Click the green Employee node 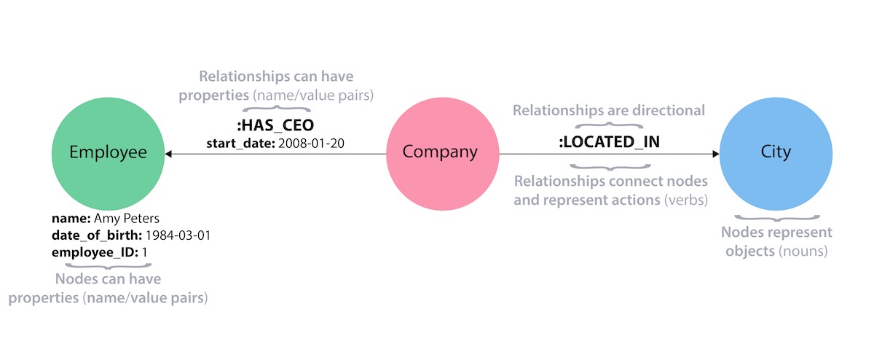click(108, 152)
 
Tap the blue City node click(776, 152)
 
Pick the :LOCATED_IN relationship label click(609, 142)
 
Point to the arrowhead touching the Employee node click(168, 154)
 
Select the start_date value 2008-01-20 click(309, 144)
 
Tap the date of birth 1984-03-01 click(178, 235)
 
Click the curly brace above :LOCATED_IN click(609, 125)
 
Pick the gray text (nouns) click(803, 251)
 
